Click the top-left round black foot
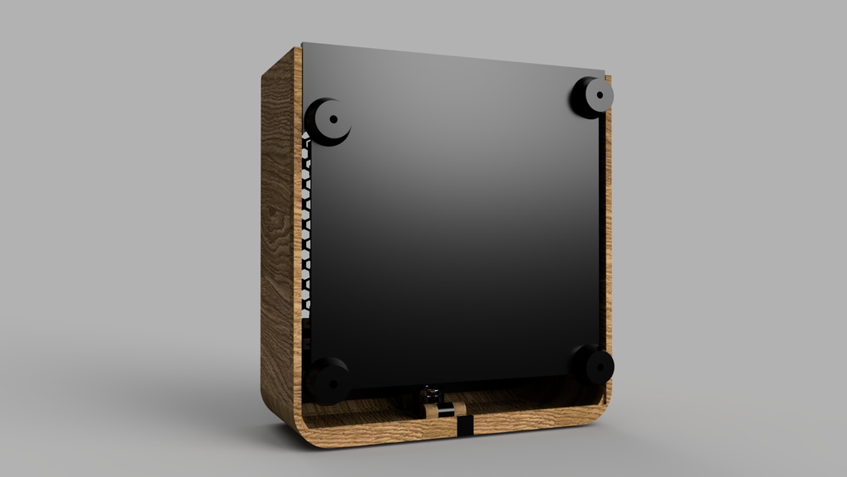click(329, 122)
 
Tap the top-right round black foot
click(592, 97)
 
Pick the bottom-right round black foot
click(593, 365)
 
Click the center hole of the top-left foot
click(333, 119)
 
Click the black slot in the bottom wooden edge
click(465, 426)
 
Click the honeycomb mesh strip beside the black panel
click(307, 232)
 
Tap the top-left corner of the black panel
click(304, 45)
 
